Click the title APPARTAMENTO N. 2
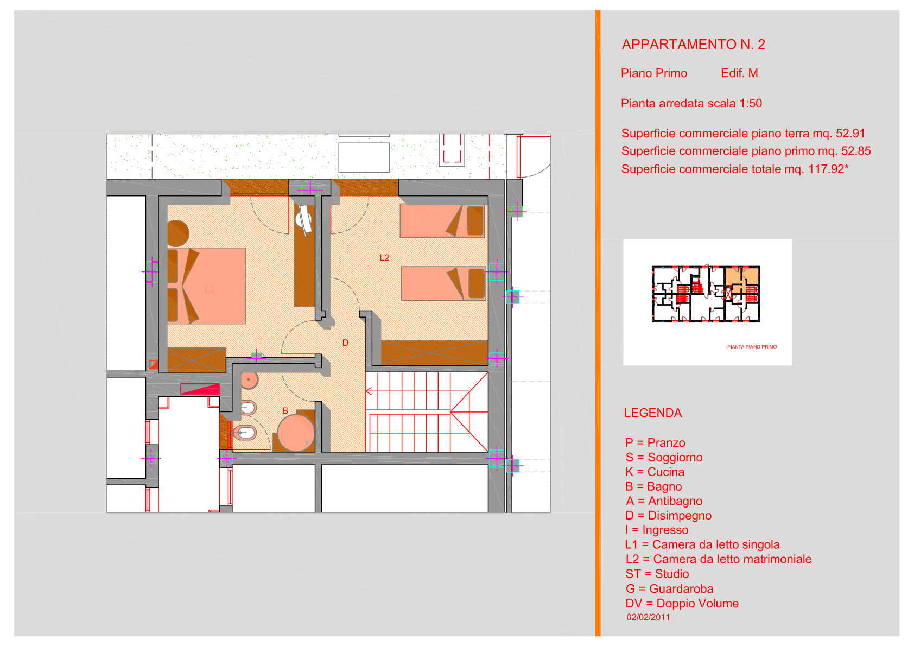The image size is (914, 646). click(693, 45)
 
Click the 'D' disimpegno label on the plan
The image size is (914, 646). click(345, 343)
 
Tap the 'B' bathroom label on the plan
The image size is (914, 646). click(285, 411)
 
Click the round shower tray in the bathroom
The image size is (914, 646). click(296, 433)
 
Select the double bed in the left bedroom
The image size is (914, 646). click(206, 286)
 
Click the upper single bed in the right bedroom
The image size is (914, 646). click(442, 221)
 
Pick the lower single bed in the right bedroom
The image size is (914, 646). click(443, 283)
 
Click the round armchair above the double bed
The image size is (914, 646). click(178, 233)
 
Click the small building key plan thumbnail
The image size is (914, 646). click(706, 294)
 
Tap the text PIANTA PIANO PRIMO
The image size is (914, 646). click(752, 347)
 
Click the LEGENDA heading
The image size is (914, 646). click(653, 413)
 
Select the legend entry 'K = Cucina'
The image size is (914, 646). click(655, 472)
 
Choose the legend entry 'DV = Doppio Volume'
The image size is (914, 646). click(682, 604)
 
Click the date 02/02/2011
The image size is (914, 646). click(649, 617)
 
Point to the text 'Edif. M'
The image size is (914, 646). click(739, 73)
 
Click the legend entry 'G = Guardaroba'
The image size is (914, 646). click(670, 589)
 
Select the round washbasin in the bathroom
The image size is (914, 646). click(249, 380)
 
